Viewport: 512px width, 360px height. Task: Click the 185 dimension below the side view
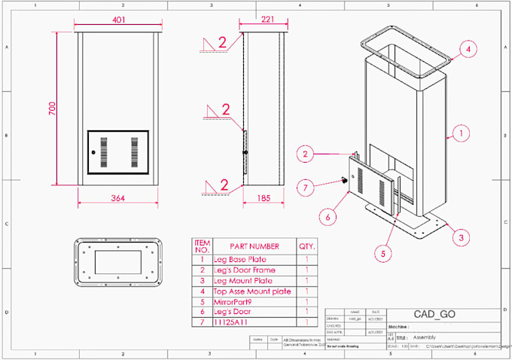click(x=264, y=199)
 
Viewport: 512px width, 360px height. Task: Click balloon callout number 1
click(x=458, y=136)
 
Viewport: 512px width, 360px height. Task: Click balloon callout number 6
click(x=328, y=216)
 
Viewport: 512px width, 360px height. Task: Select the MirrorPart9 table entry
click(x=237, y=301)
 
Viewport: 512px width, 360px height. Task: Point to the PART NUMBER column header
click(x=254, y=246)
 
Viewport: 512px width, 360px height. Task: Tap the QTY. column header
click(x=307, y=246)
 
